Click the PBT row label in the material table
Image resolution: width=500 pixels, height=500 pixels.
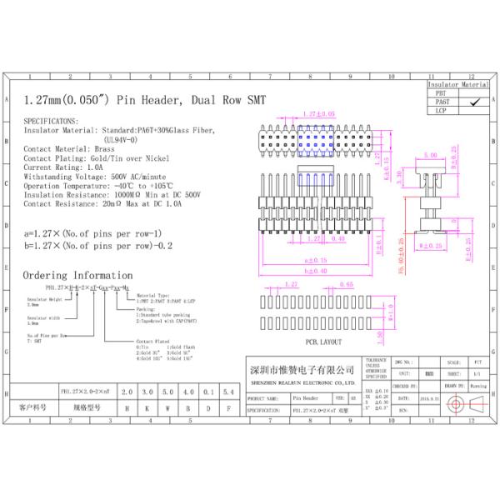442,93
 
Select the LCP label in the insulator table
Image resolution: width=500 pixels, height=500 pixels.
442,110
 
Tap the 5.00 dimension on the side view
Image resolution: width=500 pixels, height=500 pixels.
431,156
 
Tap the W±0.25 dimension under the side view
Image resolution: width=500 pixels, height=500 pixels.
431,246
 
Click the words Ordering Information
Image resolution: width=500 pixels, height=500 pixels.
77,274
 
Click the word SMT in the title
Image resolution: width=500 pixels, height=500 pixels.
255,99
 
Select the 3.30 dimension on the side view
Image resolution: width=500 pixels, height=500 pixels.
399,177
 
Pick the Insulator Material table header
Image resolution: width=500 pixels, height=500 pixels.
458,85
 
